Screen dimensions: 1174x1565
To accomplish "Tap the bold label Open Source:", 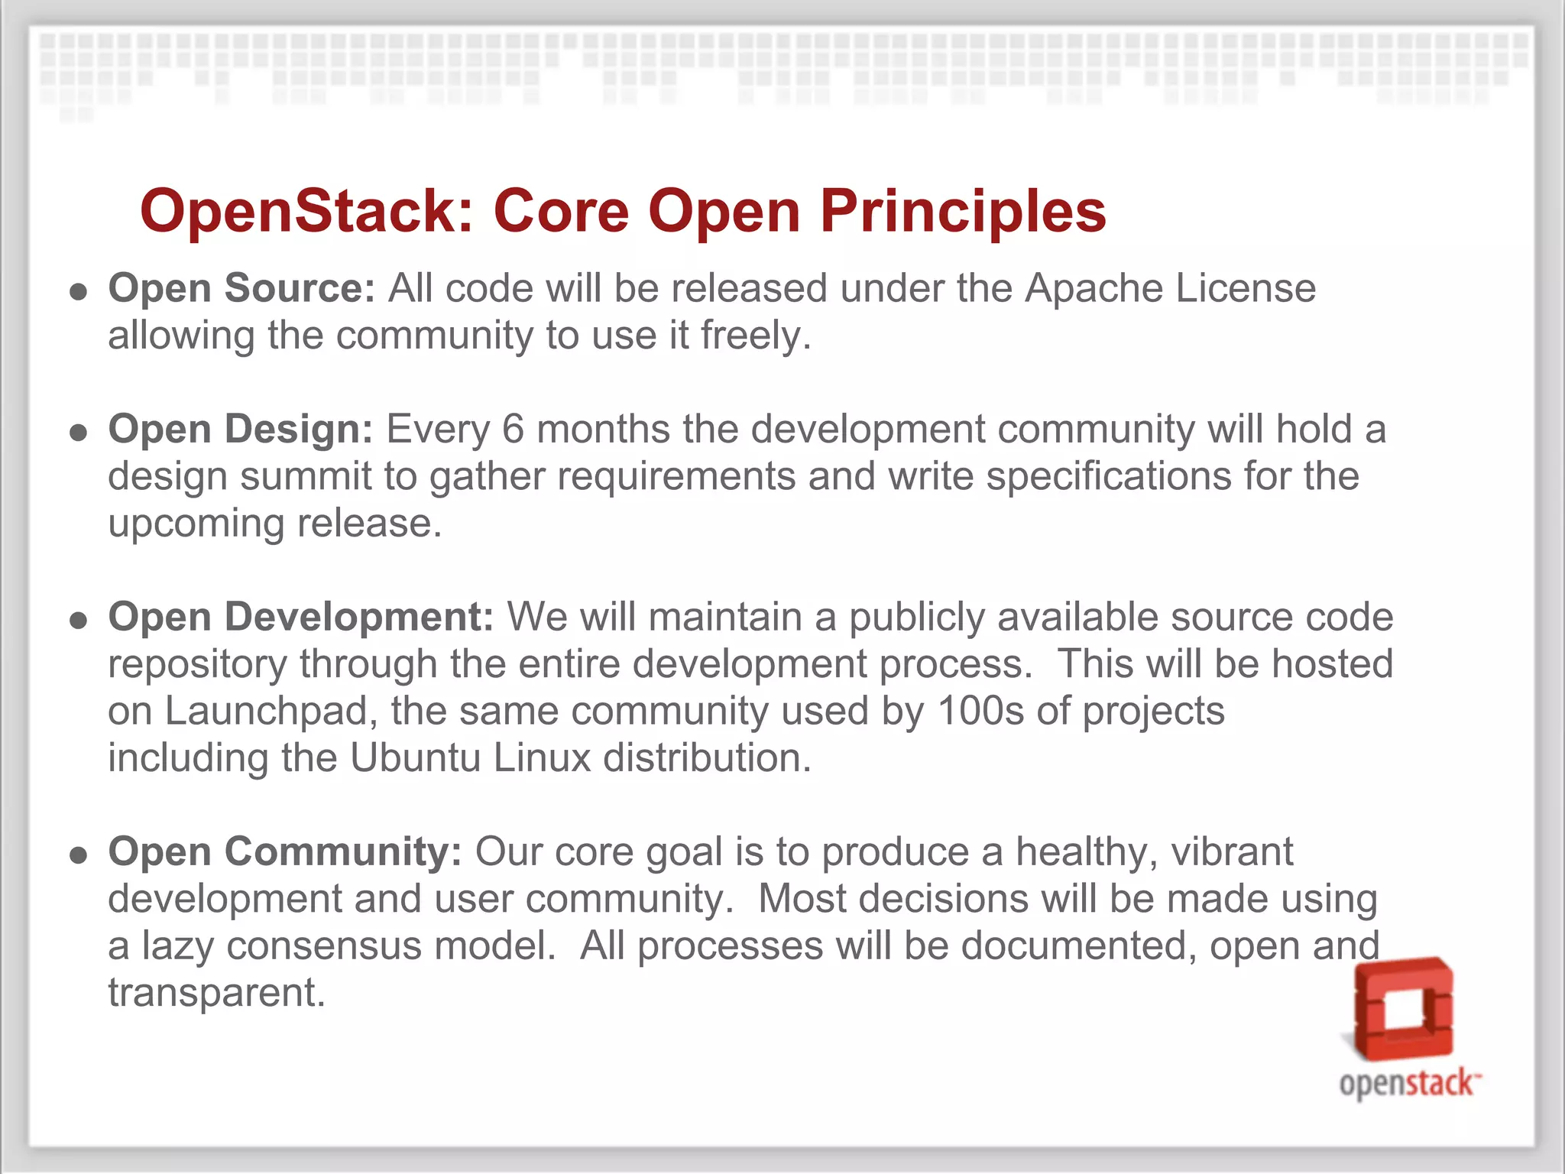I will coord(241,289).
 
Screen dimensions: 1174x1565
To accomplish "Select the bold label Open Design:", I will coord(240,430).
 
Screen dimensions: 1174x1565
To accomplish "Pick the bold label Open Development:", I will coord(301,617).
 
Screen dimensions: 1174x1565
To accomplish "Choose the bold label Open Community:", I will coord(284,851).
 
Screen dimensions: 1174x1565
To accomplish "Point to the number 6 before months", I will coord(513,430).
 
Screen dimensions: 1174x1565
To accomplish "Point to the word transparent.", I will coord(216,994).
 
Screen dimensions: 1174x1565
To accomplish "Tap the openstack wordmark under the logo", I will coord(1408,1084).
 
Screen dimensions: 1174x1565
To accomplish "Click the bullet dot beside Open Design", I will coord(78,433).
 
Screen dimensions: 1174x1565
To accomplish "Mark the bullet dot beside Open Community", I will coord(78,855).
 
